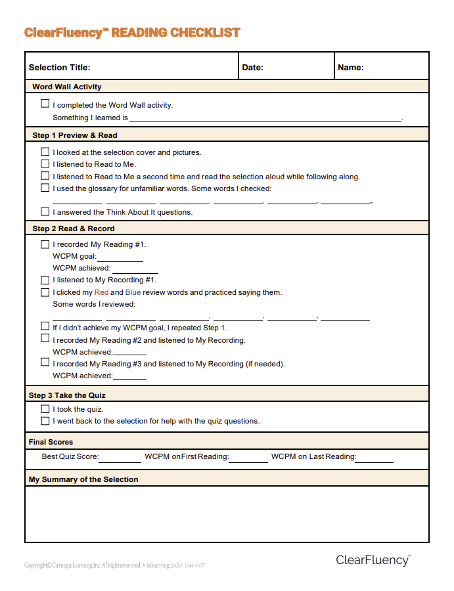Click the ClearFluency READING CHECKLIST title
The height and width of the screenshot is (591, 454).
[132, 32]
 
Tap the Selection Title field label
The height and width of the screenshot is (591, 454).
[60, 67]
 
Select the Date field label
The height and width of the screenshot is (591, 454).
[253, 67]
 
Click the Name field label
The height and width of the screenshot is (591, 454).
[351, 67]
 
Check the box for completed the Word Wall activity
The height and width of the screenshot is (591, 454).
[45, 104]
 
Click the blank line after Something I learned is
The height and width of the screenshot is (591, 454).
[265, 119]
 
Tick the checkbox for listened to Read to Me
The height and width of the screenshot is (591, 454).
[45, 164]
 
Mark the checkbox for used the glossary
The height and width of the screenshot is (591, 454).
[45, 188]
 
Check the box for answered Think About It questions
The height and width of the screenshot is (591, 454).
[45, 211]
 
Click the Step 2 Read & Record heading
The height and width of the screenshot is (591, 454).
[73, 229]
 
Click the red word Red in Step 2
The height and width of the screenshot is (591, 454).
[101, 292]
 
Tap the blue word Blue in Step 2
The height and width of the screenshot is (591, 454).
[133, 292]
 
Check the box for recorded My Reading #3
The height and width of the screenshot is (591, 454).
[45, 362]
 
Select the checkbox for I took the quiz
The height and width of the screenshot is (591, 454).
[45, 408]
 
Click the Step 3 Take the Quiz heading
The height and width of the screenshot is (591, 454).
[67, 395]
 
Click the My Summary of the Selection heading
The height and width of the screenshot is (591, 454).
[83, 479]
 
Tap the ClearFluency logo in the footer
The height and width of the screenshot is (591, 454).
[373, 560]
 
